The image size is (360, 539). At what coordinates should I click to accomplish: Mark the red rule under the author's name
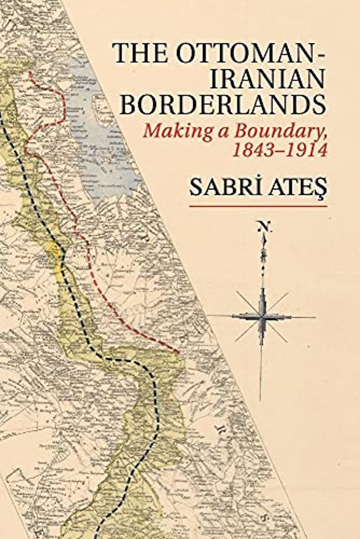[x=258, y=206]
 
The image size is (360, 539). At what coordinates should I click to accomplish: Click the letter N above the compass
[x=261, y=226]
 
